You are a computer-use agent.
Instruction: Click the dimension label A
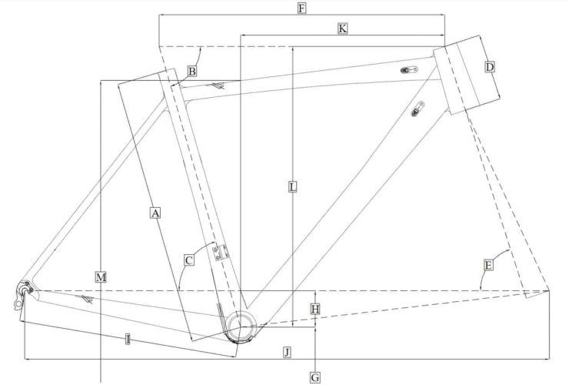(155, 213)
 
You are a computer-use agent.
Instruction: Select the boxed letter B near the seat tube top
(191, 72)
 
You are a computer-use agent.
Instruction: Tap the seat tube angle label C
(188, 260)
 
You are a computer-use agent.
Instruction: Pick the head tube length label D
(490, 68)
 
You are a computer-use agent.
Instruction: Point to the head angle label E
(488, 265)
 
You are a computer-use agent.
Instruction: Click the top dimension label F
(301, 8)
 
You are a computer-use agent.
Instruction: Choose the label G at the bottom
(314, 377)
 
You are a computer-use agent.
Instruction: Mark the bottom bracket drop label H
(314, 309)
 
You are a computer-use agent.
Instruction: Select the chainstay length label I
(127, 338)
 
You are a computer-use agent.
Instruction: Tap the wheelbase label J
(287, 352)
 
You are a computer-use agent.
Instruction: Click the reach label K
(342, 28)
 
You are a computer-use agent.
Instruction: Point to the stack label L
(292, 187)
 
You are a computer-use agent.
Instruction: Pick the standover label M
(101, 275)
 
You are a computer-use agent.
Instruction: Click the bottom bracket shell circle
(241, 325)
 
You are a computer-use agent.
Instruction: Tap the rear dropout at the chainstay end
(24, 291)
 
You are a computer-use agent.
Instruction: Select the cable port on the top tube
(408, 71)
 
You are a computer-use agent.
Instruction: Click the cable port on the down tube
(418, 108)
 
